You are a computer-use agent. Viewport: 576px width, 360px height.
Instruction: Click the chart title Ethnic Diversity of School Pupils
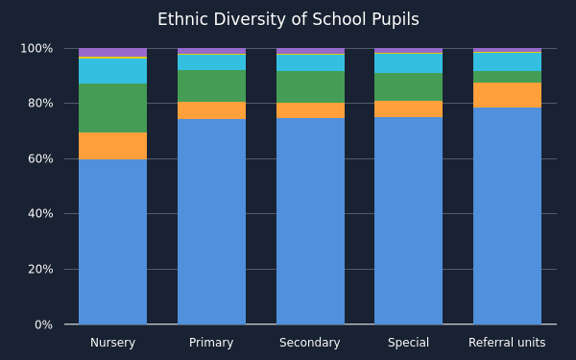(x=288, y=19)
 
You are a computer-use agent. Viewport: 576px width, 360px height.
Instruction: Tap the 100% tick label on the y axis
(x=36, y=49)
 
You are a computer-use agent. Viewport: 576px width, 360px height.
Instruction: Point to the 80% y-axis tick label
(x=40, y=104)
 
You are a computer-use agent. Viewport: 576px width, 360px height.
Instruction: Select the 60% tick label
(x=40, y=158)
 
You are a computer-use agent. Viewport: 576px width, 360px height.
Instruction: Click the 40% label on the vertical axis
(x=40, y=213)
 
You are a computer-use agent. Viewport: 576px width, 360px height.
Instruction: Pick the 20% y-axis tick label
(x=40, y=269)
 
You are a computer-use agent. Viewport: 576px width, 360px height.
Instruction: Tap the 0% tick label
(x=44, y=324)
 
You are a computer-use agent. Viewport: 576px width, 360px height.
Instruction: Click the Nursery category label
(x=112, y=343)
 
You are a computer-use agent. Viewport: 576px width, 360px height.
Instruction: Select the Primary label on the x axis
(x=211, y=343)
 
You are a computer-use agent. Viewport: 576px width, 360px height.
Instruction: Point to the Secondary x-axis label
(x=310, y=343)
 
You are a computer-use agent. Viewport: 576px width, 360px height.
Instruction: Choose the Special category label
(x=409, y=343)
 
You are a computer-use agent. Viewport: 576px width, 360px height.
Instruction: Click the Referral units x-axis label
(x=507, y=343)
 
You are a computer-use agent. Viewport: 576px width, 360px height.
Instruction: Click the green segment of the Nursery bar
(x=112, y=108)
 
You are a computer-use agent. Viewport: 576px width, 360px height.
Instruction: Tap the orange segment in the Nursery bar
(x=112, y=146)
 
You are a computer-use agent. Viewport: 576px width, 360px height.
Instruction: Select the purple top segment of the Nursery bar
(x=112, y=53)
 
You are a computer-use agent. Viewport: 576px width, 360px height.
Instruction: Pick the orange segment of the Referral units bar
(x=507, y=95)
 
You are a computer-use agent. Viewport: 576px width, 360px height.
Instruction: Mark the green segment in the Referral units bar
(x=507, y=77)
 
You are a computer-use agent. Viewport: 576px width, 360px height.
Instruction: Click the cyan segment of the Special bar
(x=409, y=63)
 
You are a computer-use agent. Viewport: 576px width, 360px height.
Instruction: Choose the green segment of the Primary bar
(x=211, y=86)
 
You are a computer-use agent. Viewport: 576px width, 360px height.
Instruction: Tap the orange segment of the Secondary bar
(x=310, y=110)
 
